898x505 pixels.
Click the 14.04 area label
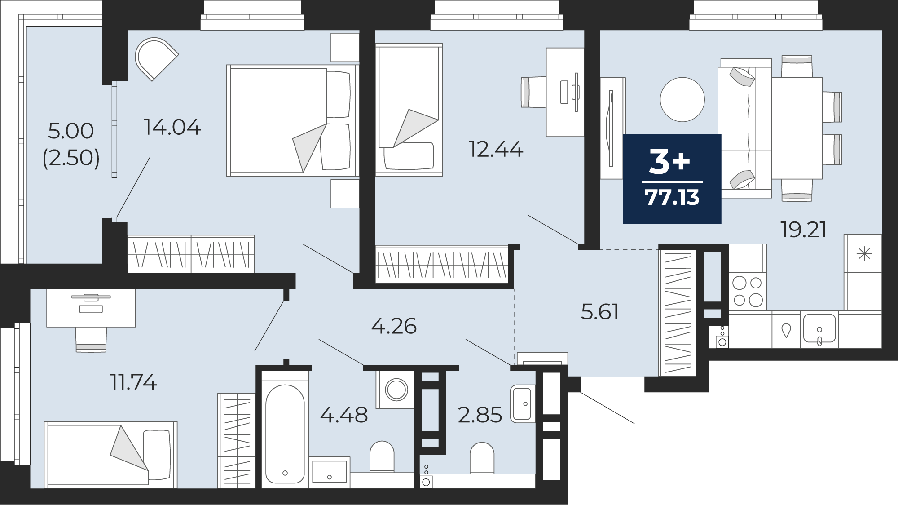pyautogui.click(x=172, y=128)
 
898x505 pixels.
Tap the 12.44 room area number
pyautogui.click(x=496, y=149)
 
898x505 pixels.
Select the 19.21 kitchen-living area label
pyautogui.click(x=804, y=230)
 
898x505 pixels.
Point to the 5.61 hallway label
pyautogui.click(x=600, y=312)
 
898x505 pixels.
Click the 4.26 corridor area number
pyautogui.click(x=394, y=326)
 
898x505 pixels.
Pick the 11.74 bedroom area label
pyautogui.click(x=134, y=383)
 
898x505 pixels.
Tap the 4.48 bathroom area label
pyautogui.click(x=344, y=415)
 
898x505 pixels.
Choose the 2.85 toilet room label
pyautogui.click(x=480, y=415)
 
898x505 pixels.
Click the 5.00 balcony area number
pyautogui.click(x=71, y=131)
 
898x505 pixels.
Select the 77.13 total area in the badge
pyautogui.click(x=672, y=197)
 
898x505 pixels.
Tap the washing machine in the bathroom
pyautogui.click(x=396, y=390)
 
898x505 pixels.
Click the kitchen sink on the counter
pyautogui.click(x=820, y=330)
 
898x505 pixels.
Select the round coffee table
pyautogui.click(x=682, y=99)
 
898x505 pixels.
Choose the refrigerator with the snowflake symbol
pyautogui.click(x=863, y=272)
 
